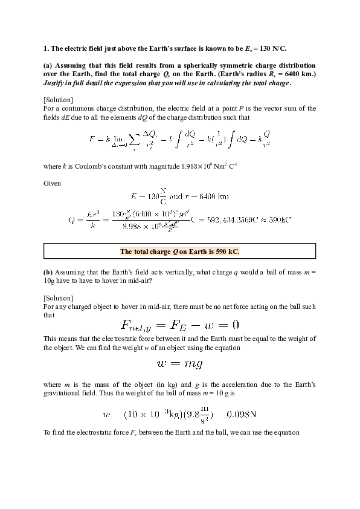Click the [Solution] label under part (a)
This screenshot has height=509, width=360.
pyautogui.click(x=59, y=100)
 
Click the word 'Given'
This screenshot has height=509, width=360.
pyautogui.click(x=53, y=182)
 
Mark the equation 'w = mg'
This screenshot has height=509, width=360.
pyautogui.click(x=179, y=364)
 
